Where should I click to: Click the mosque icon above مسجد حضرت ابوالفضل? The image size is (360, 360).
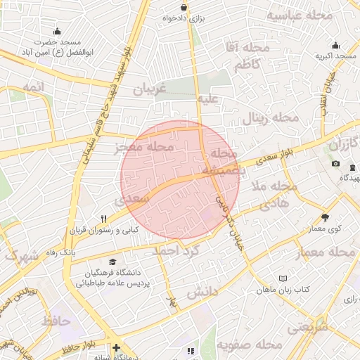(58, 30)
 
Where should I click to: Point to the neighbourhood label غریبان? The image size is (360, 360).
(148, 89)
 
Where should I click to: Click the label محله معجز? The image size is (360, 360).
(143, 148)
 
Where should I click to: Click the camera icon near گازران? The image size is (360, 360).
(335, 164)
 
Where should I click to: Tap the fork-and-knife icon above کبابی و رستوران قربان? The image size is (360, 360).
(104, 218)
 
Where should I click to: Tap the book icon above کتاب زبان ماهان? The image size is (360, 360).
(283, 278)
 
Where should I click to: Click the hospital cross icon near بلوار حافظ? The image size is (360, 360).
(115, 347)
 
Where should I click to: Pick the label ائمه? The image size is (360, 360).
(32, 86)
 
